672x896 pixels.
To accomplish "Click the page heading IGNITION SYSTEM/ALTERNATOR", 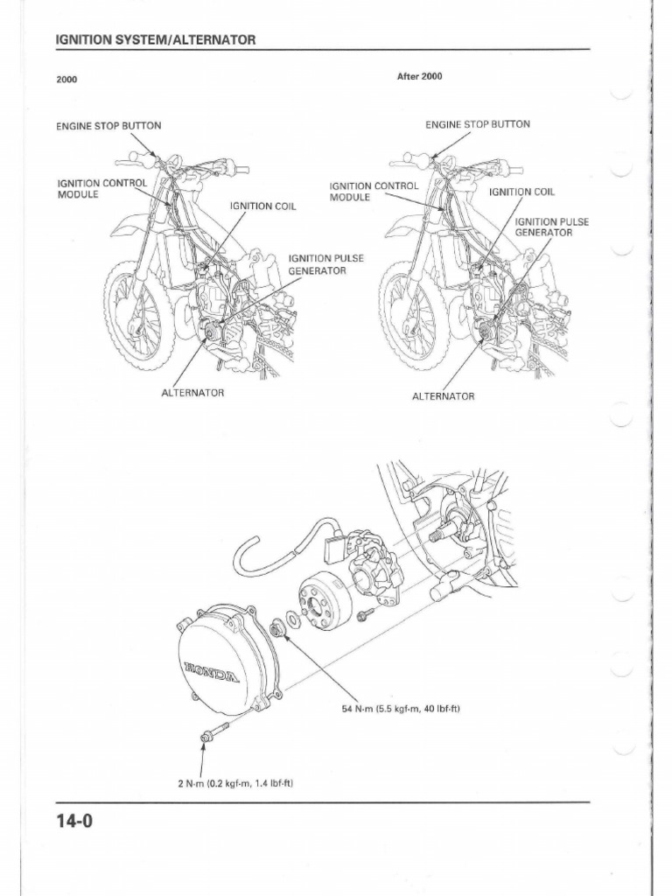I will pyautogui.click(x=155, y=40).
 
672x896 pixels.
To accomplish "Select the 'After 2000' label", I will pyautogui.click(x=419, y=76).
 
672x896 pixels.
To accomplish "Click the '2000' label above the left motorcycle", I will pyautogui.click(x=66, y=80).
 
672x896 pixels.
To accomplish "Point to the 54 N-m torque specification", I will pyautogui.click(x=400, y=708).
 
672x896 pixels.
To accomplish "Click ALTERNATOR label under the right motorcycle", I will pyautogui.click(x=443, y=395).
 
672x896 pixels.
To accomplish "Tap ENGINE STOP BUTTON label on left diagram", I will pyautogui.click(x=108, y=125).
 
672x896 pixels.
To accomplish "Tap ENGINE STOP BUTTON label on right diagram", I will pyautogui.click(x=477, y=124).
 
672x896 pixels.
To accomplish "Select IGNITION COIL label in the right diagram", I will pyautogui.click(x=521, y=192).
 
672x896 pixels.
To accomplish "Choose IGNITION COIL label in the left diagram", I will pyautogui.click(x=263, y=206).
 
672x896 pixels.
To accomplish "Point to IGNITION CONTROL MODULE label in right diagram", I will pyautogui.click(x=374, y=191).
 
